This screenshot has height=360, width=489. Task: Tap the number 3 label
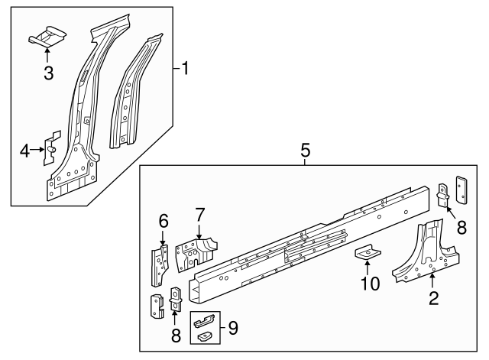[48, 73]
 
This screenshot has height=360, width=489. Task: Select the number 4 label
[24, 151]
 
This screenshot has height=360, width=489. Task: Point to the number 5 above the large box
[305, 151]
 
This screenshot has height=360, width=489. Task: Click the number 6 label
[163, 221]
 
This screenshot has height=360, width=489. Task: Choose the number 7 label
[199, 214]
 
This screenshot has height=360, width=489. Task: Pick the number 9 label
[233, 329]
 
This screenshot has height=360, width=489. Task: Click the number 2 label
[433, 298]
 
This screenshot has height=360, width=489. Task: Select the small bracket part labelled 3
[47, 36]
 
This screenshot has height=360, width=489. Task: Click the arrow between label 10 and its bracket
[368, 268]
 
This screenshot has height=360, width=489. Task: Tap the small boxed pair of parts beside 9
[205, 326]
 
